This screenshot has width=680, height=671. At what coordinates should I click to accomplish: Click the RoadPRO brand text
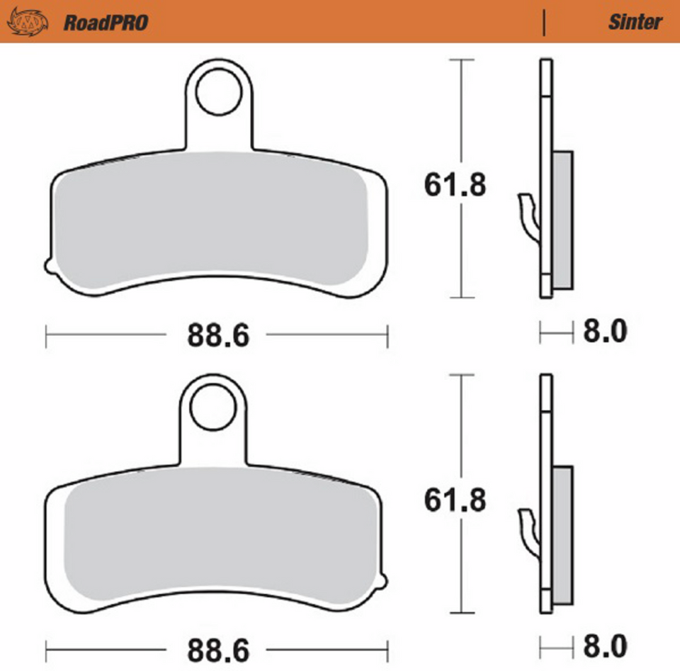106,22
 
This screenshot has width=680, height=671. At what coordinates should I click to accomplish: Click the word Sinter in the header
635,22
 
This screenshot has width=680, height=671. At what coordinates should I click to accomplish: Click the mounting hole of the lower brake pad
215,409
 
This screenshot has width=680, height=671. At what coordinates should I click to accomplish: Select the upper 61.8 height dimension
455,186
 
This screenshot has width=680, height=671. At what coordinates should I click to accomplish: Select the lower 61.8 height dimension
455,501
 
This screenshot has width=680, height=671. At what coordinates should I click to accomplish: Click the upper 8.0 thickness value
605,332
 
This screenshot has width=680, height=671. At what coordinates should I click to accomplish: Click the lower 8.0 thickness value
605,646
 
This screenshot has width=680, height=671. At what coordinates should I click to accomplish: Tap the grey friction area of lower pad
220,539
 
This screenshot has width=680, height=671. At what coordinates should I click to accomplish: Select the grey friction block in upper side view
562,220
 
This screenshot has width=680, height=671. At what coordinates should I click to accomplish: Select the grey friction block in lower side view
562,535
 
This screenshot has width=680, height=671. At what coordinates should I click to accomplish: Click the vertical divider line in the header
544,23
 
